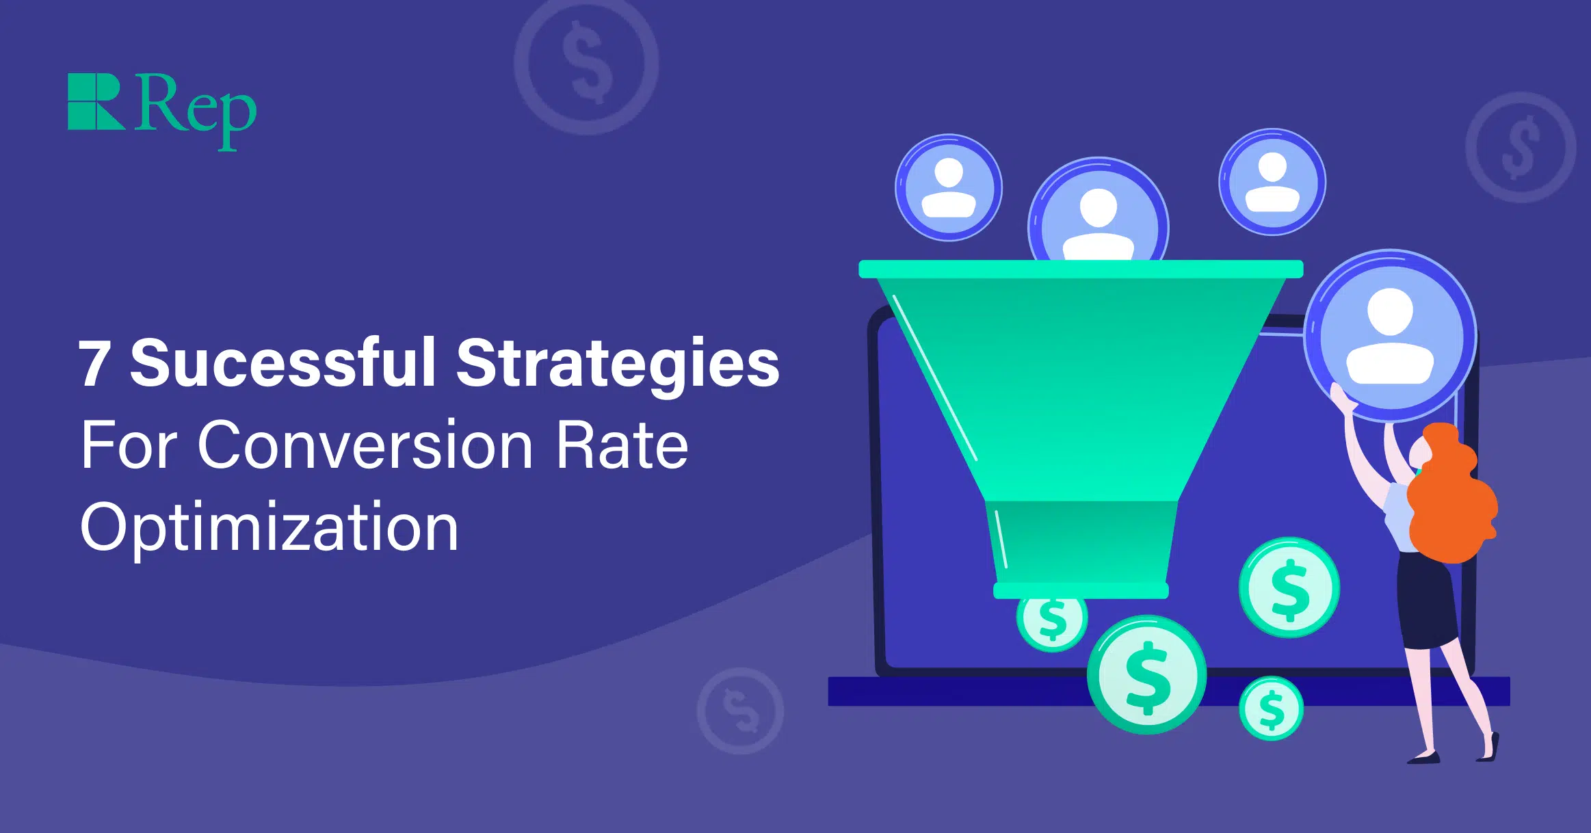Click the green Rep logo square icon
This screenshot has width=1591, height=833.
(95, 101)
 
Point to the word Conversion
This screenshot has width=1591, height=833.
(365, 446)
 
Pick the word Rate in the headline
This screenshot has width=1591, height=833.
(621, 446)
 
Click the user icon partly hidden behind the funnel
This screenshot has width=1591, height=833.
(1098, 215)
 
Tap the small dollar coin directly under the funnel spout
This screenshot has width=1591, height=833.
(1051, 621)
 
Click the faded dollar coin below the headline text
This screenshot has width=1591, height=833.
(740, 711)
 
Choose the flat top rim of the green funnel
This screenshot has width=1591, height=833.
(1081, 269)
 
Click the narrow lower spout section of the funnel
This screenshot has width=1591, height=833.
(1081, 544)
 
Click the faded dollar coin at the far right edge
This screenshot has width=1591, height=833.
(1520, 148)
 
